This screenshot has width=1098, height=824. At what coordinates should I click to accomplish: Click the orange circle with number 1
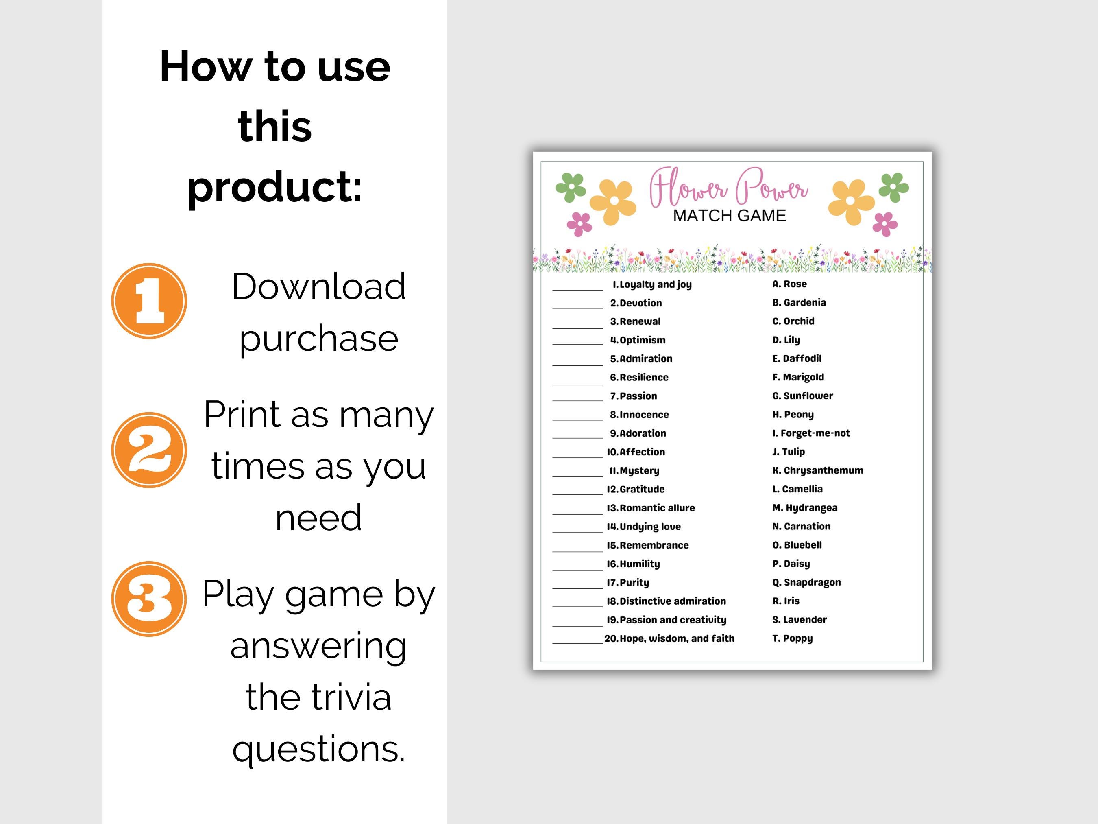(149, 301)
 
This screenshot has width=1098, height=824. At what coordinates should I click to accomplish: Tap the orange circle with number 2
(149, 450)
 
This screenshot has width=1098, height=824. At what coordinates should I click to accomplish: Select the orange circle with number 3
(149, 599)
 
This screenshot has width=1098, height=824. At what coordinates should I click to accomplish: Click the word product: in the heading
(274, 186)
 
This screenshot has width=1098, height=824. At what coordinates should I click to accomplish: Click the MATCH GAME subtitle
(729, 216)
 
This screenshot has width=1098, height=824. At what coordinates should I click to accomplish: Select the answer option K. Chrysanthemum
(817, 470)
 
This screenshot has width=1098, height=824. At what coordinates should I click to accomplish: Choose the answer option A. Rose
(789, 284)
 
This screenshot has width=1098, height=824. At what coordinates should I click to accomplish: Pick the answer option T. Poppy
(792, 638)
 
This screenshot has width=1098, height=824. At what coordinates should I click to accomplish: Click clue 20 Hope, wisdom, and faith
(669, 638)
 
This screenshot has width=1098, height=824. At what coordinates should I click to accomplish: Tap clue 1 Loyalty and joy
(652, 284)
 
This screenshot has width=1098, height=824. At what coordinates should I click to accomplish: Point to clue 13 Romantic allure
(651, 507)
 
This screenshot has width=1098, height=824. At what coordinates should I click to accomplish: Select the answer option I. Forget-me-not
(810, 433)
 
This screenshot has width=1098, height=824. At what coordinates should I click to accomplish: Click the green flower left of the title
(571, 187)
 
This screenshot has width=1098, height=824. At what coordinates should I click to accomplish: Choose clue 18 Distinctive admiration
(666, 601)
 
